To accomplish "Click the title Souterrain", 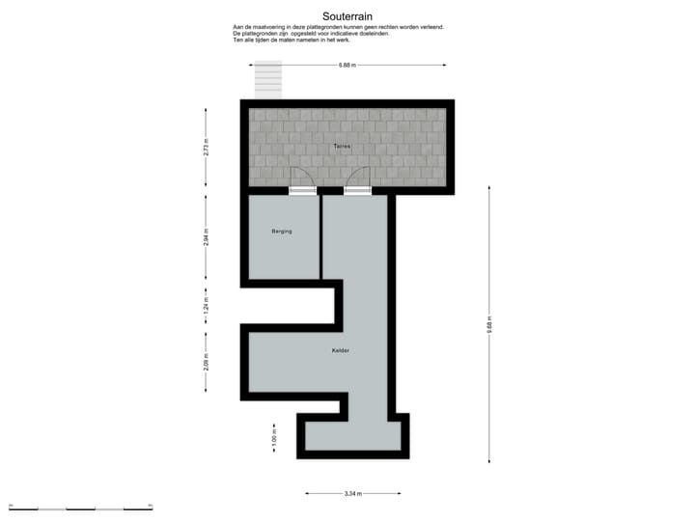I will [347, 15].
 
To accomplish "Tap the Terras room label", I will [342, 146].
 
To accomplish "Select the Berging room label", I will [281, 232].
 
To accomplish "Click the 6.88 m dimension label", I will [347, 66].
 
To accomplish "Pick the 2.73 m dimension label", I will [206, 147].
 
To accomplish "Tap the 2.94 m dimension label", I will [206, 238].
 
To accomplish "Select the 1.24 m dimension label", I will [206, 306].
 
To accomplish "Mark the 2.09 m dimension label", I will [206, 363].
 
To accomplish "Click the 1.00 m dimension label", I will [274, 439].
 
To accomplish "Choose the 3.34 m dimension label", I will [353, 494].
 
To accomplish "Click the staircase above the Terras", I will [268, 79].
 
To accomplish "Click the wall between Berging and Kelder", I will [320, 236].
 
